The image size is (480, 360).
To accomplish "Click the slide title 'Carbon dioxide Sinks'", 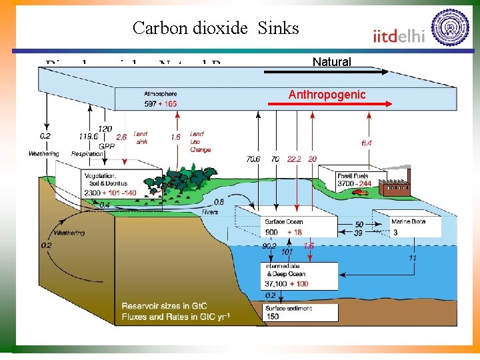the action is [215, 28].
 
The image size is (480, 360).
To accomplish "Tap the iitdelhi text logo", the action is [399, 35].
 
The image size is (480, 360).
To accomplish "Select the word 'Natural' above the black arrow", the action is [331, 62].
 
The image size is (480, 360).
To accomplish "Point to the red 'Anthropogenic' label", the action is [327, 95].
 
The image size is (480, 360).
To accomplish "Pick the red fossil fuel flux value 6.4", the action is [366, 142].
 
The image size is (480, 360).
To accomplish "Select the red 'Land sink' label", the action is [141, 137].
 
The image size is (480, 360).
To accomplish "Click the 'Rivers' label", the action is [210, 212].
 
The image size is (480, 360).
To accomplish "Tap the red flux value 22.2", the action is [293, 159].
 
